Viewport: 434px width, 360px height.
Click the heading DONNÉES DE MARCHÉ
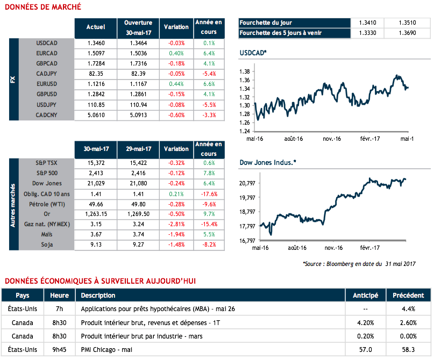pos(43,7)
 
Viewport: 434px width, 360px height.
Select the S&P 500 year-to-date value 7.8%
pos(209,174)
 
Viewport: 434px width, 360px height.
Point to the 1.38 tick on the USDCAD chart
pos(244,71)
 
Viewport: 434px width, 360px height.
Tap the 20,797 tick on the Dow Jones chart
pos(246,183)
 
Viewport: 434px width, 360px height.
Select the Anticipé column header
pos(365,295)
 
